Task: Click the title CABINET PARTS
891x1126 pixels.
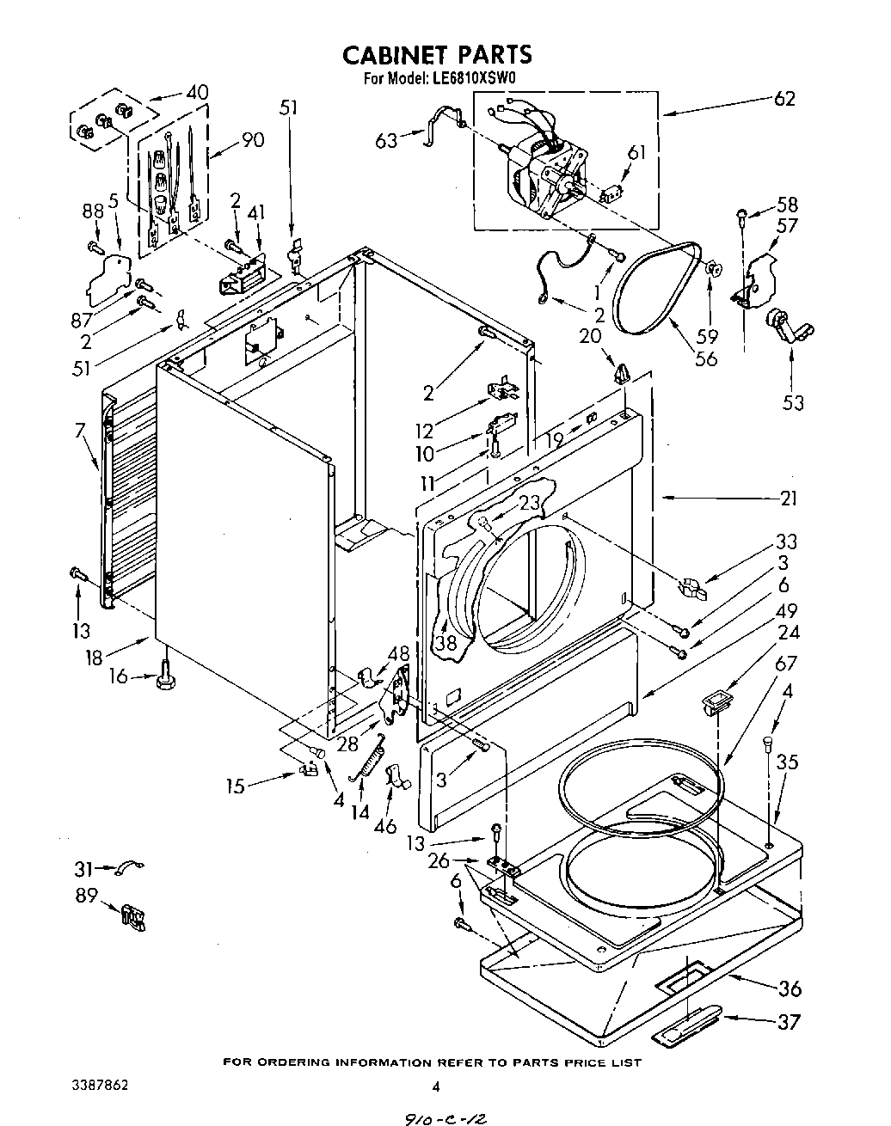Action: click(x=438, y=55)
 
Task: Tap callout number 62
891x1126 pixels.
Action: click(x=783, y=98)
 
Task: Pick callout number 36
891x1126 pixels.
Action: click(x=789, y=988)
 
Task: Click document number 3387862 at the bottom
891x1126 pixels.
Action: click(x=100, y=1086)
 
